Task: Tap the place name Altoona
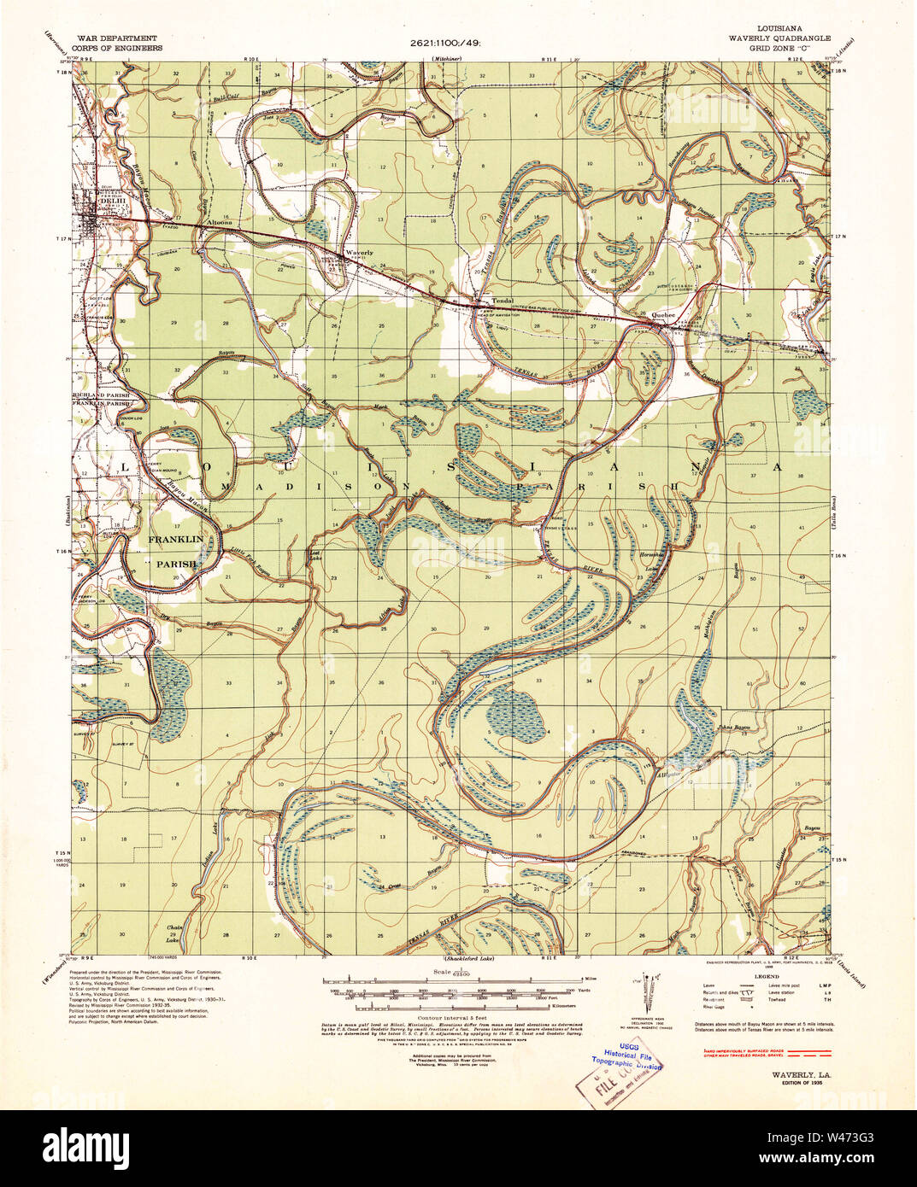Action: coord(218,223)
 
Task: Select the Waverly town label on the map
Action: coord(359,253)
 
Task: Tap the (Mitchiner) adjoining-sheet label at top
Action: coord(446,58)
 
